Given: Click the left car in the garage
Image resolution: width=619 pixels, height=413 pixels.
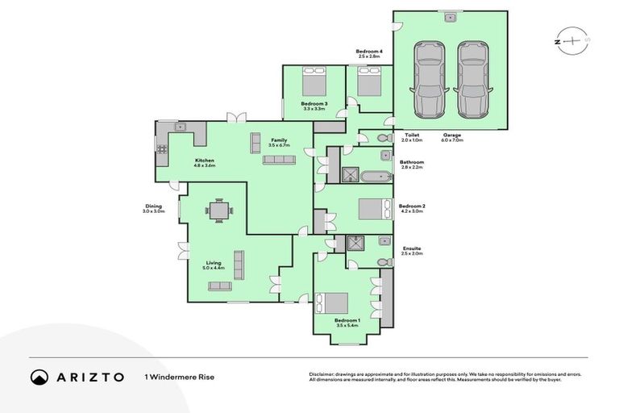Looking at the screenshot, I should (427, 79).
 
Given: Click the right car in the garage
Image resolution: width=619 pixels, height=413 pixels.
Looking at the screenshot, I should (472, 79).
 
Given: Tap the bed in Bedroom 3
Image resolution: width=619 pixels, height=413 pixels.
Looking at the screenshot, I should (314, 84).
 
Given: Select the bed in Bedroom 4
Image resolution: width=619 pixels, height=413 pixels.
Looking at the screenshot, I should (369, 84).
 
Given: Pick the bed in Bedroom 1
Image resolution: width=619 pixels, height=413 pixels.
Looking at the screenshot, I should (334, 303).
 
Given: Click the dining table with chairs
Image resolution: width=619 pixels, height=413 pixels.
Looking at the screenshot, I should (219, 211).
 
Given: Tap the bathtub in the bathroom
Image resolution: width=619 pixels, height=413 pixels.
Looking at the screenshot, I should (376, 175).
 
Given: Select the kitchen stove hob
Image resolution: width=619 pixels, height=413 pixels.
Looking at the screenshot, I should (161, 148).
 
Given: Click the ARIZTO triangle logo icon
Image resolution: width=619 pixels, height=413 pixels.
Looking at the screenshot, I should (39, 377).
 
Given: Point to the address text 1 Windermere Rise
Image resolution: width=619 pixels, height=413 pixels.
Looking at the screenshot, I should (180, 377).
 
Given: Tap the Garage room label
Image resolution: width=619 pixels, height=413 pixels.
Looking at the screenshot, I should (452, 136).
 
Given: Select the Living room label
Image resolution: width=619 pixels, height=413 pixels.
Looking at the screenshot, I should (214, 262).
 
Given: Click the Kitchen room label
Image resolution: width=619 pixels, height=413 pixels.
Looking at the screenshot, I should (205, 161).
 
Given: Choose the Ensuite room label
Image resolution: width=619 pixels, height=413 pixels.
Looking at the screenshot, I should (411, 248).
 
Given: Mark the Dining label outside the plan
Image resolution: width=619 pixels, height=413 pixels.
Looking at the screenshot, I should (153, 206).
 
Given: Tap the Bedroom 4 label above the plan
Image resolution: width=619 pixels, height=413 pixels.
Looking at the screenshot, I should (369, 52).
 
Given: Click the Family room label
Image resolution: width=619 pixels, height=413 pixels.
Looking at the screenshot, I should (279, 140).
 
